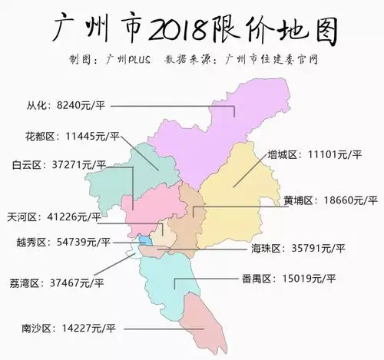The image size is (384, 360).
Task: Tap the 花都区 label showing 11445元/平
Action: [73, 137]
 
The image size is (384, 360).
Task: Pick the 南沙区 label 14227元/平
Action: [68, 329]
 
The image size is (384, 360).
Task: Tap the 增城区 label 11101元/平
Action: [313, 154]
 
